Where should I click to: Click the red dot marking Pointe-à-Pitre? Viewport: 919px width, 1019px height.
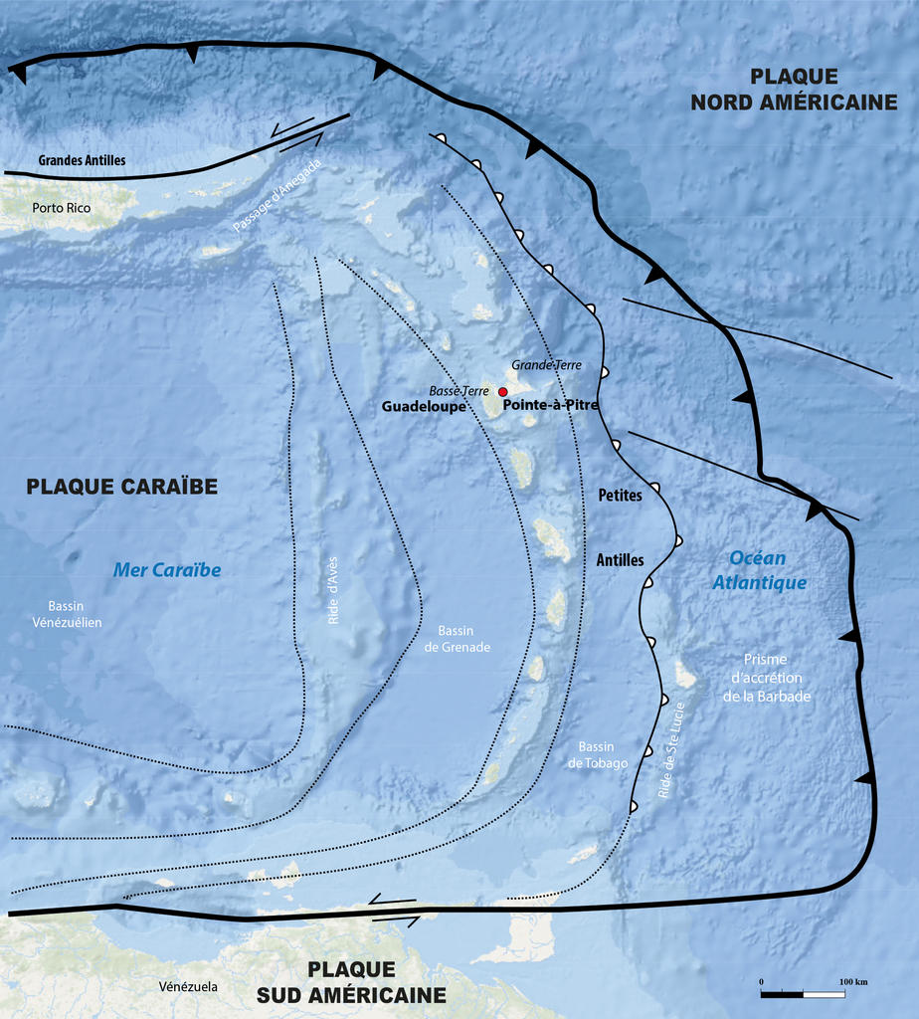[x=503, y=391]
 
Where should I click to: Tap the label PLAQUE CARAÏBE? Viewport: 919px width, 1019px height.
[x=121, y=487]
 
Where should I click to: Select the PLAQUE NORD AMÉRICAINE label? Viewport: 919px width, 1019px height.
[x=794, y=89]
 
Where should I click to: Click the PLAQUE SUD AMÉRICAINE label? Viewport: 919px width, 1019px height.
[x=351, y=981]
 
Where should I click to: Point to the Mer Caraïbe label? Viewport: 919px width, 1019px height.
[x=166, y=570]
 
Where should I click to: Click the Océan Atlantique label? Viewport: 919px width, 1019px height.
[x=759, y=570]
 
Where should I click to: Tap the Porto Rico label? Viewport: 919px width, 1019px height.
[x=61, y=208]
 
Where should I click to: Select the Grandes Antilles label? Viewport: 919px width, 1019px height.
[x=82, y=159]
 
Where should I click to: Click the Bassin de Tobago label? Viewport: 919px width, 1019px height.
[x=597, y=754]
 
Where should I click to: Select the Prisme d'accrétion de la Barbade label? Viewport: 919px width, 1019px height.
[x=766, y=678]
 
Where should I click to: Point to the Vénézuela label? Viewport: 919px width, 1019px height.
[x=188, y=986]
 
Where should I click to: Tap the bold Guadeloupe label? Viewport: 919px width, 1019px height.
[x=424, y=407]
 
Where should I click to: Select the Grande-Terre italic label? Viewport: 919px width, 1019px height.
[x=546, y=365]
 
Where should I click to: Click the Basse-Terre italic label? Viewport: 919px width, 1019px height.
[x=459, y=391]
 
